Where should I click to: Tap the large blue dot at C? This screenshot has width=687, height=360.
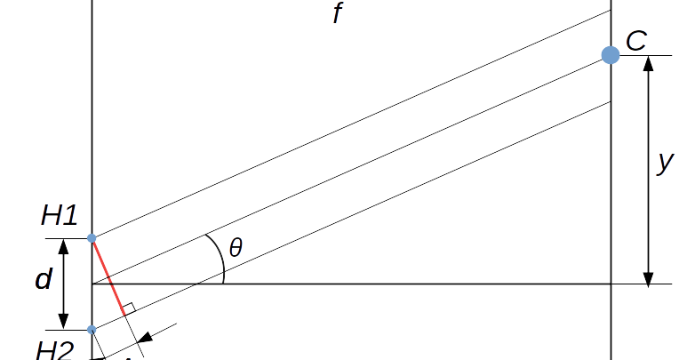[x=611, y=55]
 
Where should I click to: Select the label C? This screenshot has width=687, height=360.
[x=636, y=40]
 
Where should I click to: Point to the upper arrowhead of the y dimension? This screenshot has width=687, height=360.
[x=648, y=64]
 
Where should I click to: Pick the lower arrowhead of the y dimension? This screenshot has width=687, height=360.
[x=648, y=276]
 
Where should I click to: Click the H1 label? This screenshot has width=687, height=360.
[x=60, y=215]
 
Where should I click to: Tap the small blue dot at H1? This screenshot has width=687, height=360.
[x=92, y=238]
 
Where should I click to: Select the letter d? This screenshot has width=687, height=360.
[x=44, y=280]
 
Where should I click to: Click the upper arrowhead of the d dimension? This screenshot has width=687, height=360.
[x=64, y=245]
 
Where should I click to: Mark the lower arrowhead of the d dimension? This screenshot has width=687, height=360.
[x=64, y=322]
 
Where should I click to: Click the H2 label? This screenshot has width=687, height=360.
[x=54, y=350]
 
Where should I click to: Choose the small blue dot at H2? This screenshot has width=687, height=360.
[x=92, y=330]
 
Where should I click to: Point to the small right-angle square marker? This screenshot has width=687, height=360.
[x=128, y=308]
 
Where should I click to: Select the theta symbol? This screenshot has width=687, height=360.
[x=236, y=248]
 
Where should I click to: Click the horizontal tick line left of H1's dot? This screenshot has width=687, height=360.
[x=67, y=238]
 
